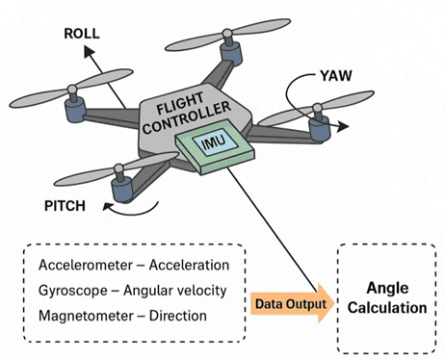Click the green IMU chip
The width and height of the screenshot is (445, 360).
point(212,144)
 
